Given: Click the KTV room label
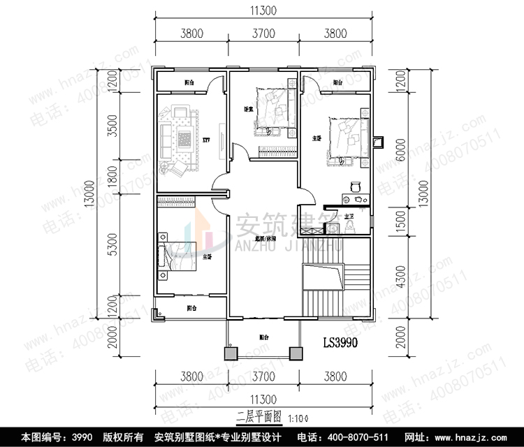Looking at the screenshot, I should (x=206, y=140).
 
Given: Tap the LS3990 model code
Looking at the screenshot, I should (x=340, y=343).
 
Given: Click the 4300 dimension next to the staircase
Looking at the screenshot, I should (x=401, y=279).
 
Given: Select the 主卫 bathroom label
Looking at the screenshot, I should (x=349, y=217).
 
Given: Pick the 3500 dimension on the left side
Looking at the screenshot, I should (x=111, y=125).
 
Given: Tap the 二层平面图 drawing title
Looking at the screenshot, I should (x=259, y=417).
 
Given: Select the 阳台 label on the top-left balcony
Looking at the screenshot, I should (x=189, y=82).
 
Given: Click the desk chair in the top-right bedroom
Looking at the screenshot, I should (x=354, y=186).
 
